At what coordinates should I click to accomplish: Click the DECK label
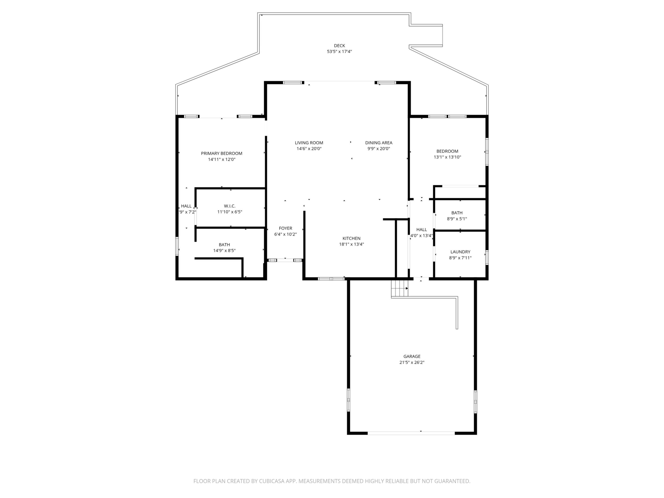(x=339, y=46)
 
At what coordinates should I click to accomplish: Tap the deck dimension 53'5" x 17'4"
(x=339, y=52)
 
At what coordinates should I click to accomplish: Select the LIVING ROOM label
(x=309, y=143)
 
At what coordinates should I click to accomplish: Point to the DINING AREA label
(x=379, y=143)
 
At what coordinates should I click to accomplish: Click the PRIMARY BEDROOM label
(x=222, y=153)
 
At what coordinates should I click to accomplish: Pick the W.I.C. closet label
(x=230, y=206)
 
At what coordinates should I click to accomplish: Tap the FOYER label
(x=285, y=229)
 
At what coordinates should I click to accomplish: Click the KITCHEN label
(x=351, y=238)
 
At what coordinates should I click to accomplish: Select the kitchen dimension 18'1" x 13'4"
(x=351, y=244)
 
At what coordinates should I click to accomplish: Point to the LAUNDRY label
(x=460, y=252)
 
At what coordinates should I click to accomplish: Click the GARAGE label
(x=412, y=356)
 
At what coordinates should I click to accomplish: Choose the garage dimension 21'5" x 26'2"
(x=412, y=362)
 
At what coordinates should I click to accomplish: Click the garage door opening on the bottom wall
(x=411, y=433)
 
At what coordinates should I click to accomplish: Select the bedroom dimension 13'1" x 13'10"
(x=447, y=157)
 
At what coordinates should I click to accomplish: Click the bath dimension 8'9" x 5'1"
(x=457, y=219)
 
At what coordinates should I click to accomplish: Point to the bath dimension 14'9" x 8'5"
(x=224, y=250)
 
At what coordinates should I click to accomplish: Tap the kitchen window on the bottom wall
(x=331, y=279)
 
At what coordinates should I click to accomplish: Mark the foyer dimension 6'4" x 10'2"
(x=285, y=234)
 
